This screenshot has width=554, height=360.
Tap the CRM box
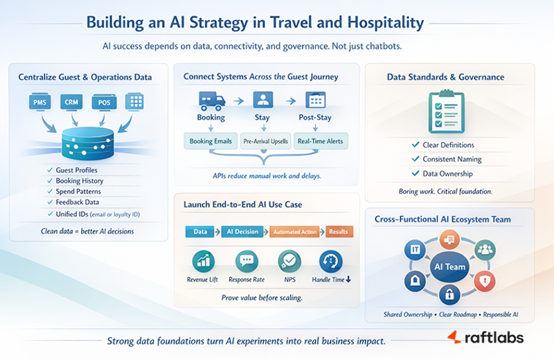pos(72,102)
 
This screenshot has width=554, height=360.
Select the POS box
pos(103,102)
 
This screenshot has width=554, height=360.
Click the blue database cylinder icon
pos(87,143)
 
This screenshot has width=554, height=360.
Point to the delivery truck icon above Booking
pos(211,100)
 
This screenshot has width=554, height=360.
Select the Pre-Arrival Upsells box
pos(265,141)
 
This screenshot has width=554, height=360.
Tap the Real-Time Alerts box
pos(320,141)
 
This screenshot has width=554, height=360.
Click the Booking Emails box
pos(211,141)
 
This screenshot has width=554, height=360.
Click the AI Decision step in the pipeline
pos(242,233)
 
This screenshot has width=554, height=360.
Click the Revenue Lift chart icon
pos(202,262)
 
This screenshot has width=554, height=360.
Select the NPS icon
pos(289,262)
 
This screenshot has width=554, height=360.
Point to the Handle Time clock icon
pos(330,262)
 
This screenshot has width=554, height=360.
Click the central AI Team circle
pos(449,267)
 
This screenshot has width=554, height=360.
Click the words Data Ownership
pos(447,174)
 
